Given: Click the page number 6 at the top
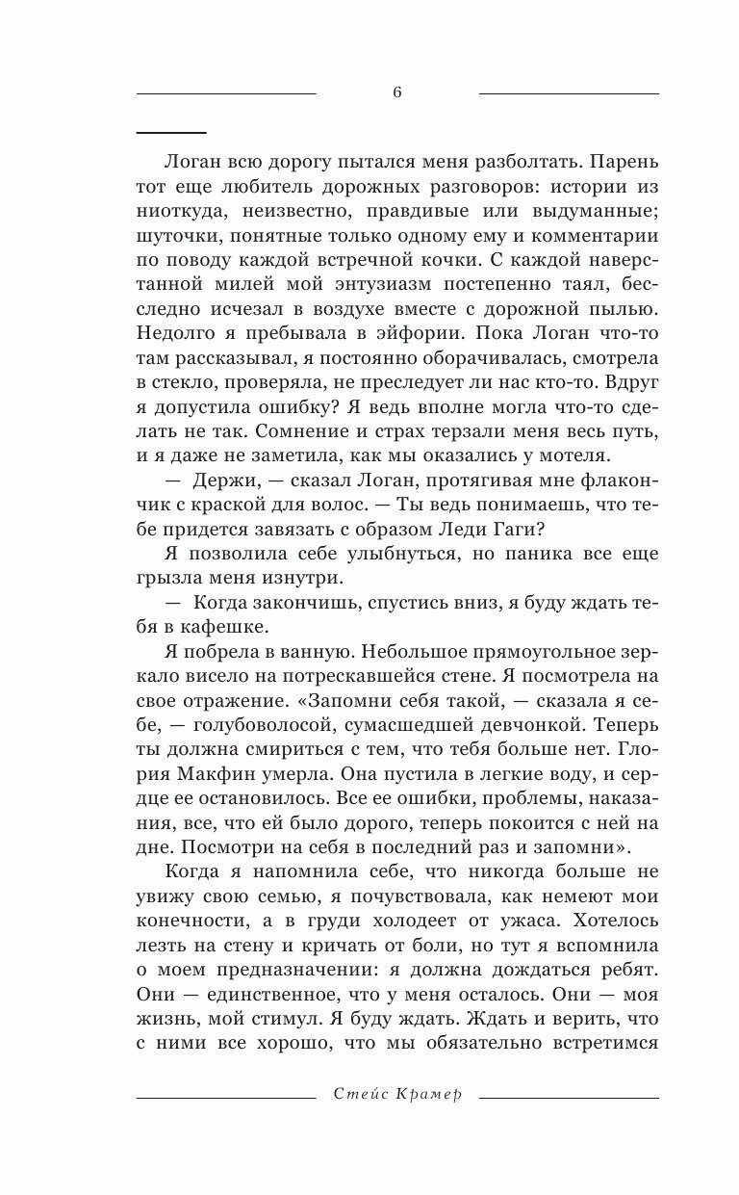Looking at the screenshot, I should pos(396,92).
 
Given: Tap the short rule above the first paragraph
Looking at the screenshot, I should pos(171,131).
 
